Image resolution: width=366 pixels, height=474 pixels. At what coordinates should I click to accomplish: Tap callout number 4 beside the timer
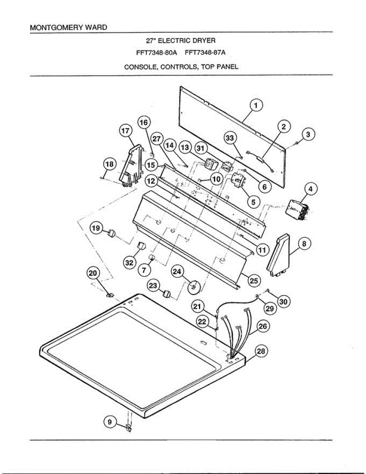coord(311,189)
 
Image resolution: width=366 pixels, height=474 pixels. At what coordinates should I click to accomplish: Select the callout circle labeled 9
coord(110,422)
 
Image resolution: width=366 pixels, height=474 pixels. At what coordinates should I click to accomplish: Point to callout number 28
coord(261,351)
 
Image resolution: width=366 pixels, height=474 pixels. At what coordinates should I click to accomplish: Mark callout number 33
coord(230,138)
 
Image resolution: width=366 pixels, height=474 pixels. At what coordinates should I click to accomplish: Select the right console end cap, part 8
coord(280,255)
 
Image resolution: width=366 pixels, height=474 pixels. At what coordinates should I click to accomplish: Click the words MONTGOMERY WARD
coord(68,28)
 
